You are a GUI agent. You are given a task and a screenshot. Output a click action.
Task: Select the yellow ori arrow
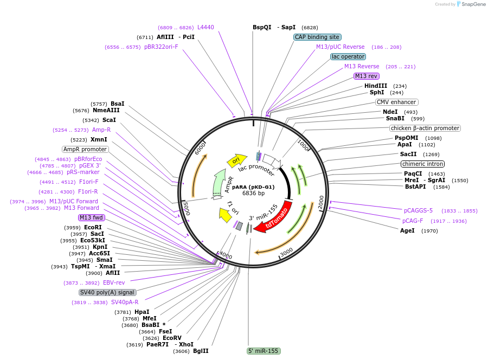[x=236, y=159]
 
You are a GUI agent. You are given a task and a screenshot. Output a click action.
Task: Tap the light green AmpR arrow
[x=220, y=182]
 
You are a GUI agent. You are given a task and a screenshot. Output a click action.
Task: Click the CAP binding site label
[x=317, y=37]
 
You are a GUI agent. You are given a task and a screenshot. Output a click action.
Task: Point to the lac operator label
[x=348, y=56]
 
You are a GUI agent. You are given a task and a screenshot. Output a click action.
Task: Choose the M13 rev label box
[x=366, y=76]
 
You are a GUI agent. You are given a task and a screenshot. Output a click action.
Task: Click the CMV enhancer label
[x=396, y=102]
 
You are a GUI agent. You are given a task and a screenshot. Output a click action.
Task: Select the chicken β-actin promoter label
[x=425, y=128]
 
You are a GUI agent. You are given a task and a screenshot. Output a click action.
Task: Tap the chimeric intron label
[x=422, y=164]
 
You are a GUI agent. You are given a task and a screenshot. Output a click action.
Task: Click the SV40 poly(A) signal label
[x=107, y=292]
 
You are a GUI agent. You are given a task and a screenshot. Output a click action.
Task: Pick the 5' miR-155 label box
[x=263, y=351]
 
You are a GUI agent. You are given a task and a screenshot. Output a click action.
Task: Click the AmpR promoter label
[x=85, y=149]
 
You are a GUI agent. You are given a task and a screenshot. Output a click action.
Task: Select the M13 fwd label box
[x=91, y=217]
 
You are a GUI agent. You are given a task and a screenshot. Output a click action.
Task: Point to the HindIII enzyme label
[x=376, y=86]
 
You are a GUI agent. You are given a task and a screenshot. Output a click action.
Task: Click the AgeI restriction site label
[x=407, y=230]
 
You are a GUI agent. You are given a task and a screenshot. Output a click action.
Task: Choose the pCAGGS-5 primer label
[x=418, y=210]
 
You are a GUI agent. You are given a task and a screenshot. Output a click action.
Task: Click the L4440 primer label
[x=206, y=27]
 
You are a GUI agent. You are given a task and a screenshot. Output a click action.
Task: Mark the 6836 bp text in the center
[x=253, y=193]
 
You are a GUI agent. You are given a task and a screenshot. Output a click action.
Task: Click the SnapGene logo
[x=470, y=4]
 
